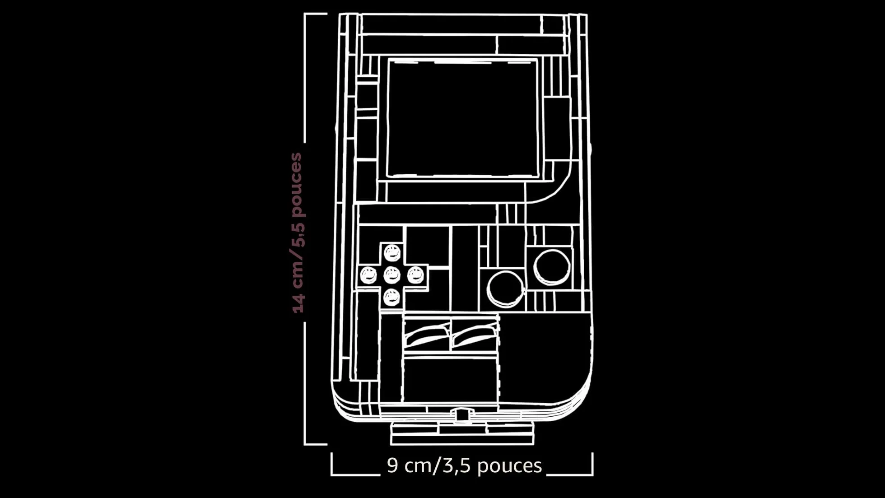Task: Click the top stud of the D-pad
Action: coord(392,253)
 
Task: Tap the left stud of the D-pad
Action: coord(368,275)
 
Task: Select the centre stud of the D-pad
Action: coord(392,275)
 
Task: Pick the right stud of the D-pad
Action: coord(415,275)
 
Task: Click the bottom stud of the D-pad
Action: coord(391,297)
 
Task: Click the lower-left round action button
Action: coord(506,289)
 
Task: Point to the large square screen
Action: coord(463,118)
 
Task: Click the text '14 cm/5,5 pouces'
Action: coord(298,233)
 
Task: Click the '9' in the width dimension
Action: coord(392,465)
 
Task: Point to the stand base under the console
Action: coord(462,433)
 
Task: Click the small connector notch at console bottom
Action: coord(461,414)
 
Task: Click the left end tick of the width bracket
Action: coord(332,464)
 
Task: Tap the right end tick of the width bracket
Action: coord(592,464)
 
